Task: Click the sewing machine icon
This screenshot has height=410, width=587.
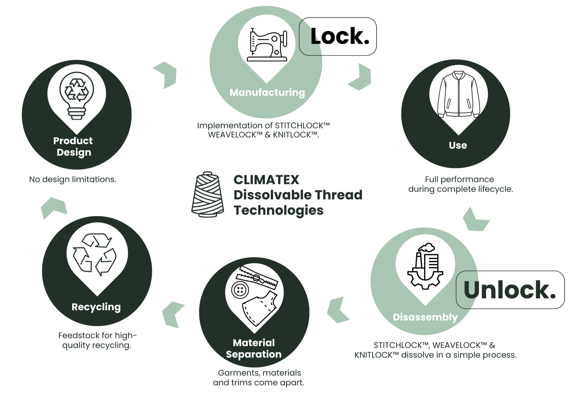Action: coord(267,44)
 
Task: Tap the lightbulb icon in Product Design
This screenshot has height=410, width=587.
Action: coord(77,95)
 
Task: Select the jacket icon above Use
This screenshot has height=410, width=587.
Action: coord(458,94)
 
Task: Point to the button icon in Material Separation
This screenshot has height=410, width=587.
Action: coord(240,290)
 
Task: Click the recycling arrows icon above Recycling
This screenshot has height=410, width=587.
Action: coord(95,254)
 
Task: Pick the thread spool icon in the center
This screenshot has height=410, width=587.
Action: coord(208,194)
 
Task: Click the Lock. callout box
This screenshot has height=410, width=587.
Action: coord(338,36)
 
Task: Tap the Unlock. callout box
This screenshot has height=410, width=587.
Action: coord(510,290)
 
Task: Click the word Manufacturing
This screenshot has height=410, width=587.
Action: coord(267,92)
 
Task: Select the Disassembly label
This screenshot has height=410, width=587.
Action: coord(425,317)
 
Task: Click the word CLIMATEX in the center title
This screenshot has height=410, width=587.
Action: coord(266,180)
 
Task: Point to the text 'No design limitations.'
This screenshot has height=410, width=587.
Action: coord(73,179)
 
